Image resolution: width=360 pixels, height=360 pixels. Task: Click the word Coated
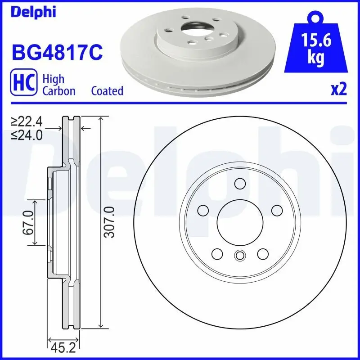point(107,91)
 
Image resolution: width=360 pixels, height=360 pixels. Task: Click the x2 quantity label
point(339,90)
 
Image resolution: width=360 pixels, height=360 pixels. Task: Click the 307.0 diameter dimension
point(110,223)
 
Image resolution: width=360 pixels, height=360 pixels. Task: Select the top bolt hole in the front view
point(239,184)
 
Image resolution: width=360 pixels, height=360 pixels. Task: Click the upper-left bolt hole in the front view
point(203,210)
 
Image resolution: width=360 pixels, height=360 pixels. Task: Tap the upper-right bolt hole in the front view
point(276,210)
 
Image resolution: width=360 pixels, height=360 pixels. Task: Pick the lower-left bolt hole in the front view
point(216,253)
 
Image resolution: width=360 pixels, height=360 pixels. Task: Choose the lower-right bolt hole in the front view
point(262,253)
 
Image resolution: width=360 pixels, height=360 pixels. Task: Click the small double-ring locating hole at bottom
point(239,256)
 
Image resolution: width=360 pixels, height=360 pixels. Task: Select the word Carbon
point(58,91)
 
